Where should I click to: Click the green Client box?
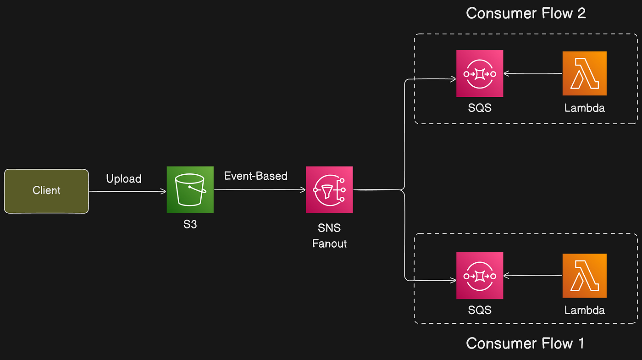46,191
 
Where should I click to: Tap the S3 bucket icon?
190,190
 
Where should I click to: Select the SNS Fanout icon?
329,190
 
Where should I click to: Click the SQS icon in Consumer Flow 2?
480,73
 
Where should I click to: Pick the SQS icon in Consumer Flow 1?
480,276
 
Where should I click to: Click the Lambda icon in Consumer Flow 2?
584,73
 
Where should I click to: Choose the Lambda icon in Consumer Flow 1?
584,276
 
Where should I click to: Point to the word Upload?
124,179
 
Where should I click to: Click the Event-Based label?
256,176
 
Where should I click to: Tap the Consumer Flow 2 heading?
526,13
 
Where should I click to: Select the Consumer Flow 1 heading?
525,343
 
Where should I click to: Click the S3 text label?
190,225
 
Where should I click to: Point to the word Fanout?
329,244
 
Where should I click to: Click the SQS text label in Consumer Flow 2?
480,108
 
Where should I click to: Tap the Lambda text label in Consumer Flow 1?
584,310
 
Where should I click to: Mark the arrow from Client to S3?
127,191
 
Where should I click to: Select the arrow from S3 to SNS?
260,189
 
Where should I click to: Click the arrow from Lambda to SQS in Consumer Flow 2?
533,73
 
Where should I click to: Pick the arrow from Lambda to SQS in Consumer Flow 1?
533,276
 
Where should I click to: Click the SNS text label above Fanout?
329,228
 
